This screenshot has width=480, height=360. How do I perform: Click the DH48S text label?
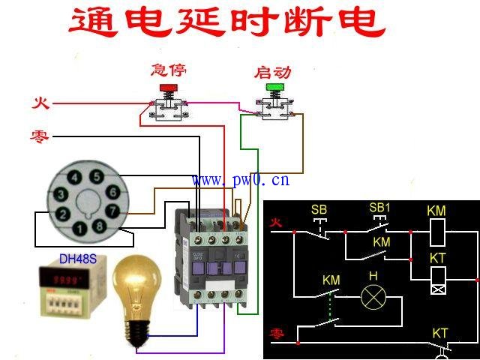[78, 259]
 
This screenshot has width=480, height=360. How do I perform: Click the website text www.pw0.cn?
[240, 180]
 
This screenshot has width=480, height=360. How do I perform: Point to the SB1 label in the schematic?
[379, 207]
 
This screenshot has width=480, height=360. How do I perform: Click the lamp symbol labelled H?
[373, 298]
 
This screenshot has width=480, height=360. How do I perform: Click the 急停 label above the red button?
[168, 70]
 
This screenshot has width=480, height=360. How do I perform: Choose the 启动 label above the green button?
[272, 73]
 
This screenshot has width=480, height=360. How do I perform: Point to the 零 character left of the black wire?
[40, 136]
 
